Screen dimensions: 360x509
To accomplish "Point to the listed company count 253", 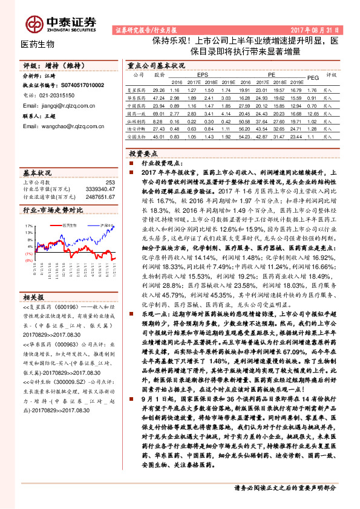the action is point(110,182).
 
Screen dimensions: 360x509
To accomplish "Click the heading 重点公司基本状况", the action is point(156,64).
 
